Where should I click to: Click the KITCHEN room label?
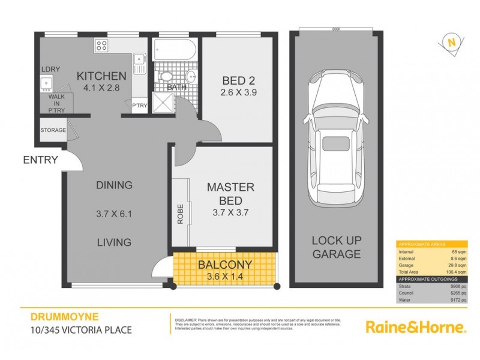pyautogui.click(x=101, y=76)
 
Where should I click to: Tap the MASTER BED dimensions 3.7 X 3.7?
pyautogui.click(x=230, y=212)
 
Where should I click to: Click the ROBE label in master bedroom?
pyautogui.click(x=180, y=214)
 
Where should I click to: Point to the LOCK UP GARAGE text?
pyautogui.click(x=336, y=247)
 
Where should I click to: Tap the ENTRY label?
pyautogui.click(x=40, y=160)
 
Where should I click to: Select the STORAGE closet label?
pyautogui.click(x=53, y=130)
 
